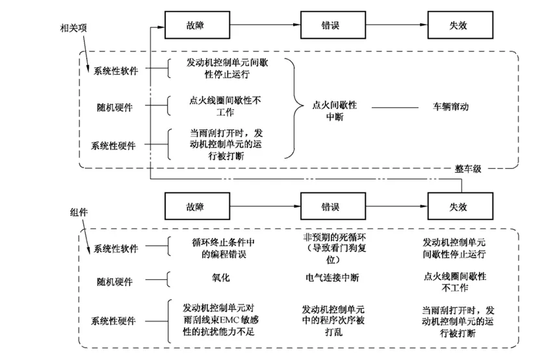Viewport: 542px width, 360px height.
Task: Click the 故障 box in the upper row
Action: point(197,25)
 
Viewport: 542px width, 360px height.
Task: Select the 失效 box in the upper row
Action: point(460,25)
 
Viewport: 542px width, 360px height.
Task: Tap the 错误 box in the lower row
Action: point(333,206)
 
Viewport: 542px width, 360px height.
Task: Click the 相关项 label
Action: point(73,29)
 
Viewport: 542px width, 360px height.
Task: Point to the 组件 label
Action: point(79,212)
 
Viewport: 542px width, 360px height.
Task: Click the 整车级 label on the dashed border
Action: point(468,169)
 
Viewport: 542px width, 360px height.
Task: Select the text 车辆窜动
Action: point(451,107)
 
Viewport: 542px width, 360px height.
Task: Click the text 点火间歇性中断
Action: point(334,111)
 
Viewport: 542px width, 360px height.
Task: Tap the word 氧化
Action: point(221,277)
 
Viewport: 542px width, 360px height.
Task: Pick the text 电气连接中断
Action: point(332,277)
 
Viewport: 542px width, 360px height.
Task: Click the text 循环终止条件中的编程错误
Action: point(224,248)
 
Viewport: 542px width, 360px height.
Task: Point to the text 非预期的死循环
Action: point(334,237)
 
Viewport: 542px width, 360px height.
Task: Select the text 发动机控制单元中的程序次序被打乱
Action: point(333,320)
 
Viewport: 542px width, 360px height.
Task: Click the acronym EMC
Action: point(229,320)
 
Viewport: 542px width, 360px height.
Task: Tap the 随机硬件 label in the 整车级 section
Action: point(115,107)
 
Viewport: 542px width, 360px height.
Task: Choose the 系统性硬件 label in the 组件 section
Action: point(113,321)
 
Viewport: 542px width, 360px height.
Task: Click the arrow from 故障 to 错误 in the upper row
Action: point(265,25)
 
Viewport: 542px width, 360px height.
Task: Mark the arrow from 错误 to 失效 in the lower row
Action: point(396,206)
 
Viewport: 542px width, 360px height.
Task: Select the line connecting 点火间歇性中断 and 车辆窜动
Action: point(394,107)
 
